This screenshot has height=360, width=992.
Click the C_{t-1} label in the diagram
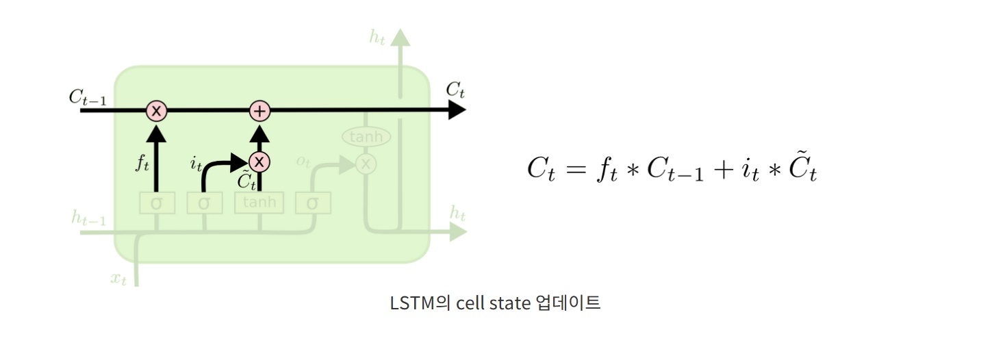pyautogui.click(x=87, y=97)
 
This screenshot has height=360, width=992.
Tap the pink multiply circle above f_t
pyautogui.click(x=157, y=110)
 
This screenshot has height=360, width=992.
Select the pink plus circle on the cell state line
pyautogui.click(x=259, y=110)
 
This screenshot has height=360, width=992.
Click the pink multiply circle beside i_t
pyautogui.click(x=259, y=162)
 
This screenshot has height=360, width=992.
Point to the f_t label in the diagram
pyautogui.click(x=142, y=164)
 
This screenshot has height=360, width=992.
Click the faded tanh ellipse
pyautogui.click(x=366, y=137)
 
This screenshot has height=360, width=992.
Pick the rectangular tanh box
pyautogui.click(x=259, y=203)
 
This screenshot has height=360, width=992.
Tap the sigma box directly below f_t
pyautogui.click(x=157, y=203)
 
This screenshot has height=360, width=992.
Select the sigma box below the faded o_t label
pyautogui.click(x=313, y=203)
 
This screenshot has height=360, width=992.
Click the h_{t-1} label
pyautogui.click(x=89, y=218)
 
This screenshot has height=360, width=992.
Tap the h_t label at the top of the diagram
pyautogui.click(x=377, y=38)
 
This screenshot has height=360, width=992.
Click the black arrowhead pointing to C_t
pyautogui.click(x=457, y=110)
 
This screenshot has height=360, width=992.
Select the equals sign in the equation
pyautogui.click(x=572, y=169)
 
